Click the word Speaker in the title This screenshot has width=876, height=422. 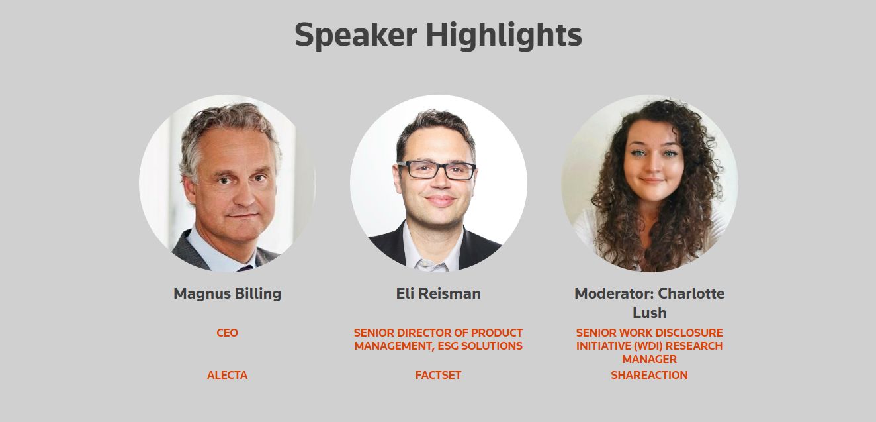pyautogui.click(x=356, y=35)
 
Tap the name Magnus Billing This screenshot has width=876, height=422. pyautogui.click(x=227, y=293)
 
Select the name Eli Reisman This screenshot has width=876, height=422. pyautogui.click(x=439, y=293)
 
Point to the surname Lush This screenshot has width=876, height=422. pyautogui.click(x=649, y=313)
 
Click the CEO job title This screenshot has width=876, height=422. pyautogui.click(x=227, y=333)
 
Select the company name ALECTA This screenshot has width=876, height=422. pyautogui.click(x=227, y=375)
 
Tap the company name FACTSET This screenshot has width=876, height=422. pyautogui.click(x=438, y=375)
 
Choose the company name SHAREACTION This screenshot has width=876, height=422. pyautogui.click(x=649, y=375)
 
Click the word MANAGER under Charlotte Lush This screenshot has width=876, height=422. pyautogui.click(x=649, y=359)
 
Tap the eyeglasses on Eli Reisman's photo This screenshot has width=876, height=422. pyautogui.click(x=436, y=170)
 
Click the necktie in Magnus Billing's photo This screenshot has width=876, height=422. pyautogui.click(x=245, y=268)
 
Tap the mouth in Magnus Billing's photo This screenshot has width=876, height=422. pyautogui.click(x=244, y=215)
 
